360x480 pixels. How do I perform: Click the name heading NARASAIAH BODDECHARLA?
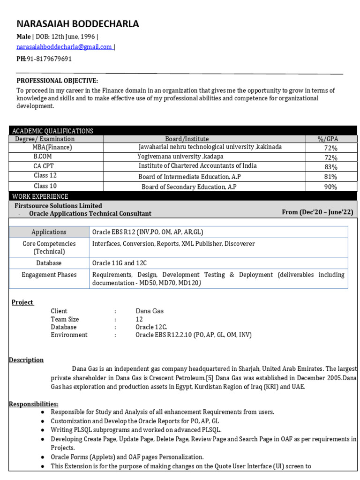78,24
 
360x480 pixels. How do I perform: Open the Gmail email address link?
64,47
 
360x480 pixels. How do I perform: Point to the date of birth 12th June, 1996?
69,37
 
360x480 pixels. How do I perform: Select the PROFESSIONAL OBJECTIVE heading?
57,81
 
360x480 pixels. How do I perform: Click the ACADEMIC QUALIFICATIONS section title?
52,131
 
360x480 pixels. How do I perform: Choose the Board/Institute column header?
187,139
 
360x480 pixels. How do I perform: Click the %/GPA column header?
328,139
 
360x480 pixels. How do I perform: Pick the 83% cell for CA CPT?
330,167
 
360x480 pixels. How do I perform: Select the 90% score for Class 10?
330,187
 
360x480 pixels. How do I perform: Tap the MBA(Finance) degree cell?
52,147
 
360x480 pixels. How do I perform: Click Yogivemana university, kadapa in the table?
180,157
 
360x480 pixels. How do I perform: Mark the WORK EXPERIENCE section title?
40,196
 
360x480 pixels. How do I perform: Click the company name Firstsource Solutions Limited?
58,205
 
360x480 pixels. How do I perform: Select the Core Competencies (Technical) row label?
49,247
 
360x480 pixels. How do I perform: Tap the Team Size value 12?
139,319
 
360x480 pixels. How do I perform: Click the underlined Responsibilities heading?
34,404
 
